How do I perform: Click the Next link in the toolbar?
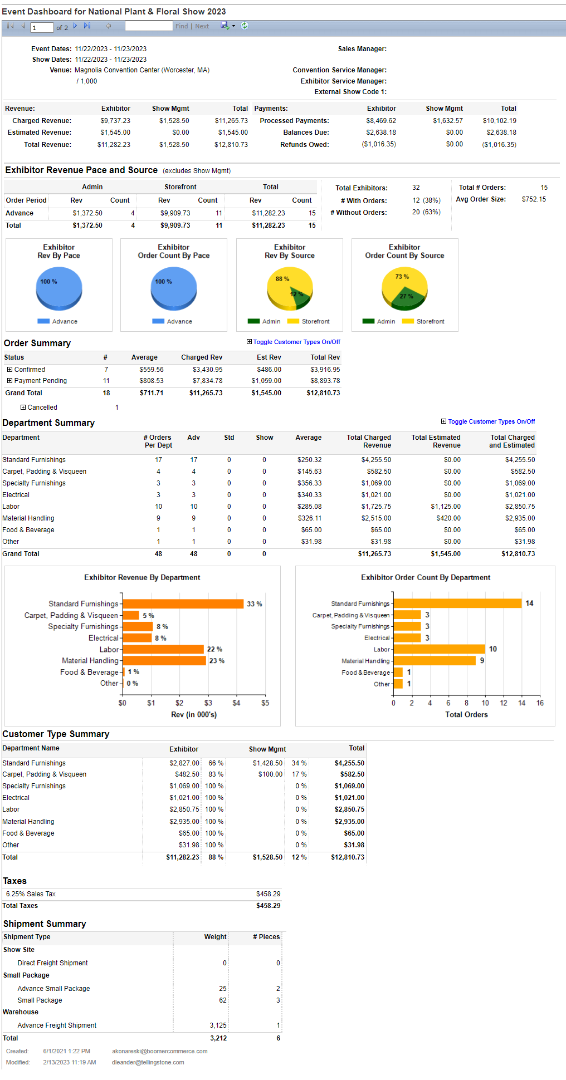point(202,26)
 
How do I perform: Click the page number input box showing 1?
point(42,27)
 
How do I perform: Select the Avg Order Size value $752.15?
point(534,199)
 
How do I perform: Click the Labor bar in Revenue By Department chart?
point(163,650)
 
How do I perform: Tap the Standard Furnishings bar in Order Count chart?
point(457,603)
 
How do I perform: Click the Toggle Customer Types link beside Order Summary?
point(296,342)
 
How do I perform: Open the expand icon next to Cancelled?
point(23,408)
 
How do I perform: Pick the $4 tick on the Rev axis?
point(236,703)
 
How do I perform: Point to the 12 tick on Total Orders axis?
point(504,703)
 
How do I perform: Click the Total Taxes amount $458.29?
point(268,906)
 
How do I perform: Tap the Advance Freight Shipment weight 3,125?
point(218,1025)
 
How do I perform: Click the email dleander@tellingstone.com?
point(148,1062)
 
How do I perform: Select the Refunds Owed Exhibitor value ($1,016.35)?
point(379,144)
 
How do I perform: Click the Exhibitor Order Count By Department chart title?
point(426,578)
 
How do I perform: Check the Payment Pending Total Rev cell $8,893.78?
point(325,381)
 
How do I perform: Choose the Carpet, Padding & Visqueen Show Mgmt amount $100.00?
point(270,774)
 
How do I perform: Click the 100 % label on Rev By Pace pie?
point(48,282)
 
